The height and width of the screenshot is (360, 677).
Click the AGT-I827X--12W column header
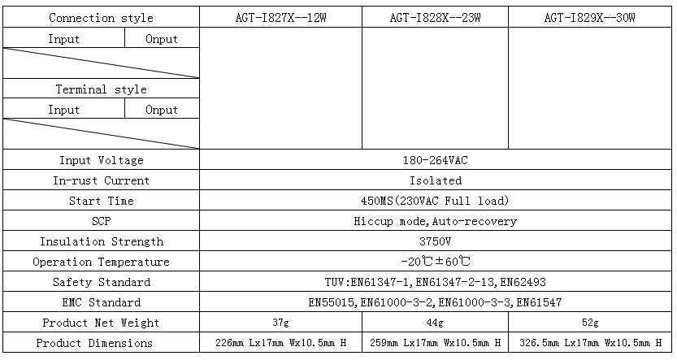(x=280, y=18)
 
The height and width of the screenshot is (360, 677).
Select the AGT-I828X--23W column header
(x=436, y=18)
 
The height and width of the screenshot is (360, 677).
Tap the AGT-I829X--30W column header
(x=590, y=18)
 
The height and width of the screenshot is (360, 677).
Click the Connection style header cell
(x=101, y=18)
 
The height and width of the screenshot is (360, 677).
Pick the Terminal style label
(x=101, y=89)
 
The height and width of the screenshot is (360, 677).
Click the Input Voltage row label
(x=101, y=160)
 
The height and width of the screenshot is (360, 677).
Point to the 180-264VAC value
(x=436, y=160)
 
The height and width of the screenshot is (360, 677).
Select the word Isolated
(x=436, y=180)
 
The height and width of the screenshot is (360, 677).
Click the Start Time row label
(x=101, y=201)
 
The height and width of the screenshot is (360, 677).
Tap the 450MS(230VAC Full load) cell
(x=436, y=201)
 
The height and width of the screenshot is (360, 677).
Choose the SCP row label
(x=101, y=221)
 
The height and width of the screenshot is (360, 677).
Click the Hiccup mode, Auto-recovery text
(x=436, y=221)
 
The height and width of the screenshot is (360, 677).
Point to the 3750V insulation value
(x=436, y=241)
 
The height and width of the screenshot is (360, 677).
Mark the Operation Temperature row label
(x=101, y=262)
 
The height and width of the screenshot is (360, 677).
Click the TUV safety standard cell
(x=436, y=282)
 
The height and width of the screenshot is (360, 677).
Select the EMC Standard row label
(x=101, y=302)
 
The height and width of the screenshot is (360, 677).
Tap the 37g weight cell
(x=280, y=323)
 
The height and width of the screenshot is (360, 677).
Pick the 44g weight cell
(x=436, y=323)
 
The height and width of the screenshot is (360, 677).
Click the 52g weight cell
(x=590, y=323)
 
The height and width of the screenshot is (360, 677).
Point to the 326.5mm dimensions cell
(x=590, y=343)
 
